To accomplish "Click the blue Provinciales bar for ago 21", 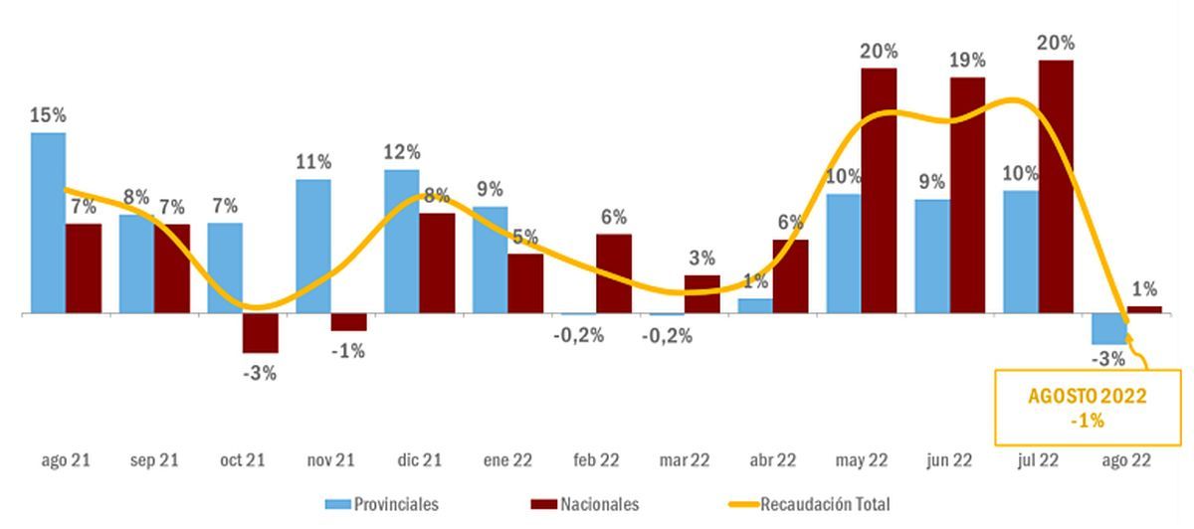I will coord(48,223).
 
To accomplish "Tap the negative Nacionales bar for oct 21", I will coord(260,333).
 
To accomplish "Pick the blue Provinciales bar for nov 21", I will coord(313,246).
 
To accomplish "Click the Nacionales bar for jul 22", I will coord(1055,187).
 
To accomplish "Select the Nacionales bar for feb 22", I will coord(614,273).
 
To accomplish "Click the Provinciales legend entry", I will coord(382,504).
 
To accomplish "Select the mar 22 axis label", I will coord(685,460).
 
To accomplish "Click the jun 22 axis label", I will coord(949,460).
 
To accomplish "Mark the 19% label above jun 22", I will coord(967,60).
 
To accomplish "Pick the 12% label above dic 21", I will coord(401,152).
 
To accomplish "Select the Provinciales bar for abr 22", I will coord(754,305).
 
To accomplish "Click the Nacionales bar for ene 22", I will coord(525,283).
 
